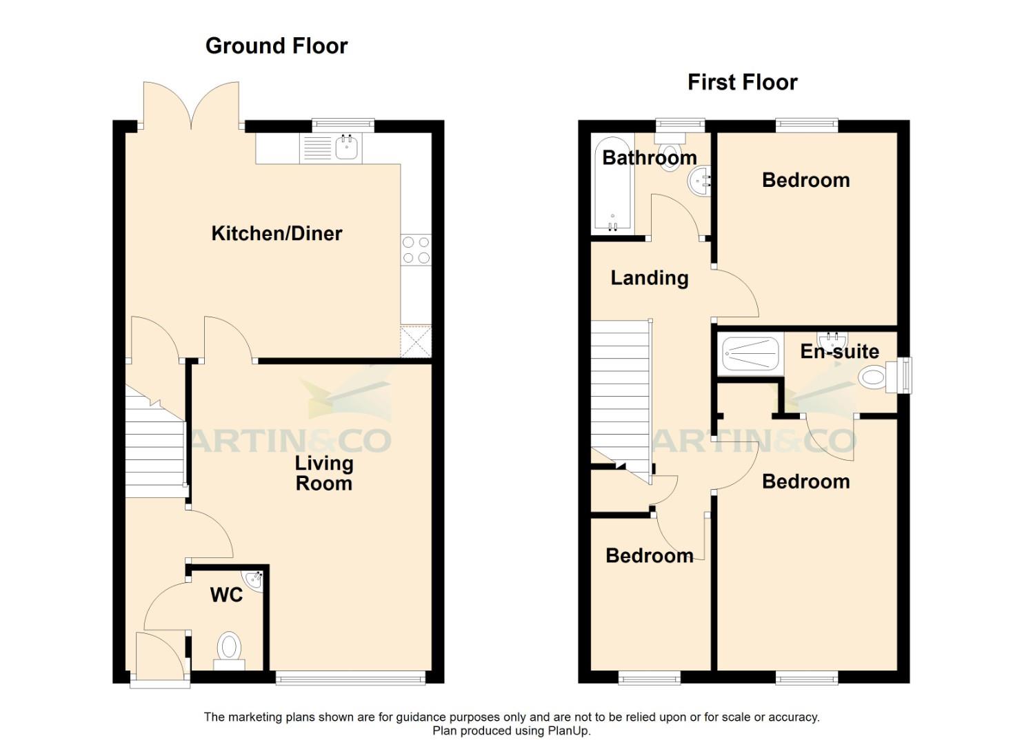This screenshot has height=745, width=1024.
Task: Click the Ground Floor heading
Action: (276, 46)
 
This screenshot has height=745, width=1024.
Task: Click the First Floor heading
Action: (742, 83)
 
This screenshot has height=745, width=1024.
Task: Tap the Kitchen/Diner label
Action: (277, 234)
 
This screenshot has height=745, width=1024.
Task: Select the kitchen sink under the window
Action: (345, 147)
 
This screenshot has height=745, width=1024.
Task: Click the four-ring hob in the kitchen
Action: (416, 250)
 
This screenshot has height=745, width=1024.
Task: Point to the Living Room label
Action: (323, 473)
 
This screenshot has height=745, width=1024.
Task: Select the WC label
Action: (226, 595)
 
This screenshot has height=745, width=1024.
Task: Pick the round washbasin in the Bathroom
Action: (699, 181)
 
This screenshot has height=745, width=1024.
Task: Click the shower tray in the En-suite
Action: (750, 354)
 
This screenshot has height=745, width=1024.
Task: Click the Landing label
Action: (649, 278)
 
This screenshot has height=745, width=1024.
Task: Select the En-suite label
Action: (839, 352)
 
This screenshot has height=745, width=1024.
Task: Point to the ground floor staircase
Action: (154, 448)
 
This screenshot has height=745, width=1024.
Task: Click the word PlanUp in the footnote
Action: (569, 731)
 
